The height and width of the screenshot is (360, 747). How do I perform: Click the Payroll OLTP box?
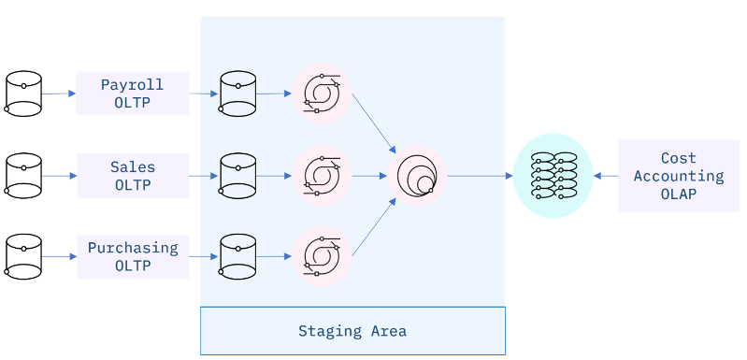(x=132, y=93)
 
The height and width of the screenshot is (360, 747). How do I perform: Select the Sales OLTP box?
(x=132, y=176)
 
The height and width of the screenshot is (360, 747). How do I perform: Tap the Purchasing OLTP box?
(x=132, y=256)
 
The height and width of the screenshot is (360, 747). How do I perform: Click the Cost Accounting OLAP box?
(x=678, y=176)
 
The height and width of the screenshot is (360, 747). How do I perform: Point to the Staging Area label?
(x=352, y=331)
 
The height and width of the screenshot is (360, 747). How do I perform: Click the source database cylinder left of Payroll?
(x=23, y=94)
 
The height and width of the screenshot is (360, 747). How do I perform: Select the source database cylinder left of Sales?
(x=23, y=176)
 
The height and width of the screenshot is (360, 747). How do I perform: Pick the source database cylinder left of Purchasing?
(x=23, y=257)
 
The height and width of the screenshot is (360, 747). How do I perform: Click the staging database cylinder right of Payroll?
(x=237, y=94)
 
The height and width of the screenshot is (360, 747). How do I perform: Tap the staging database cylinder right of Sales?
(x=237, y=176)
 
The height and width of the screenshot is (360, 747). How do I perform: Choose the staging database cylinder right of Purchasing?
(x=237, y=257)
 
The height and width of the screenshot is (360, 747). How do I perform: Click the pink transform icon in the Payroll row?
(x=322, y=94)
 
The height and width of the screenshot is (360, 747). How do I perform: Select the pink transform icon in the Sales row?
(x=322, y=175)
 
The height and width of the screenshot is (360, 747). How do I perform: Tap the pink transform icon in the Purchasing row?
(x=322, y=256)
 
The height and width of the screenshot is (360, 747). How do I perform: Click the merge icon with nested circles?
(x=417, y=176)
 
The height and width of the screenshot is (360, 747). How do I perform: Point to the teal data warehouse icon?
(x=553, y=176)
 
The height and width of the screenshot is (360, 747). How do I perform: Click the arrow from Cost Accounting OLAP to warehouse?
(x=606, y=176)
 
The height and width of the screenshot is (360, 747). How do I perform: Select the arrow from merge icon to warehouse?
(x=480, y=176)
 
